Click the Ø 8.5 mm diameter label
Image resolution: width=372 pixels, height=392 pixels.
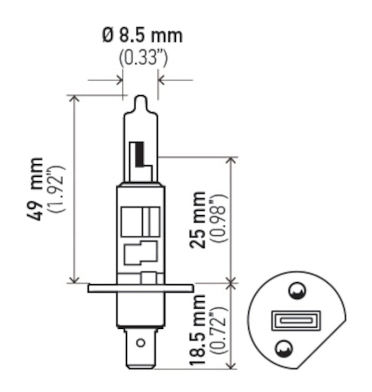tap(142, 35)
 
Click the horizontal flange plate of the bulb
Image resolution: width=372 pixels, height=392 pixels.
tap(140, 288)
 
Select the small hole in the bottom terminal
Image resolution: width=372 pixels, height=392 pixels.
tap(140, 344)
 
